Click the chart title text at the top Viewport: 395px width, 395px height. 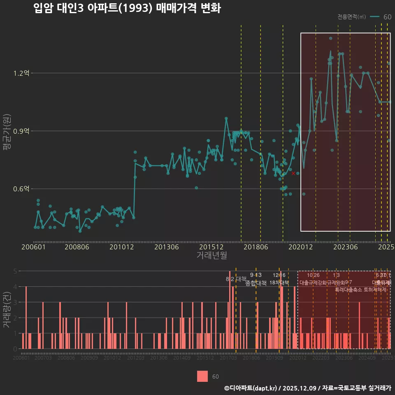[127, 9]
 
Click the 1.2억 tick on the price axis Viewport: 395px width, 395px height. [21, 73]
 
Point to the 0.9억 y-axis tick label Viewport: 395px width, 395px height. [21, 131]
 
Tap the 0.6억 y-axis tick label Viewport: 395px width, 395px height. [21, 189]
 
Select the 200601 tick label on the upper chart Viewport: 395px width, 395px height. [34, 247]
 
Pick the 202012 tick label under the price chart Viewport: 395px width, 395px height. [299, 247]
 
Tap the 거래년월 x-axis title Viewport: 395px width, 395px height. [211, 256]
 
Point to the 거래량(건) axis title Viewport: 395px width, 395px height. [7, 310]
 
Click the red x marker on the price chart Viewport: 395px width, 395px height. [293, 173]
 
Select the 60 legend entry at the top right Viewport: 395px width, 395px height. [387, 17]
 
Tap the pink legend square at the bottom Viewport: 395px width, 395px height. [202, 376]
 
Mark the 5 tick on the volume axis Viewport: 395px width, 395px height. [15, 271]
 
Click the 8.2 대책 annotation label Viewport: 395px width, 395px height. [236, 279]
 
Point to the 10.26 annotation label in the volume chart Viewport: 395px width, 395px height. [313, 275]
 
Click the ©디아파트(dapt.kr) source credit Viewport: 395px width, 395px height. [251, 388]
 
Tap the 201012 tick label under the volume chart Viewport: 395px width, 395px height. [112, 358]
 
